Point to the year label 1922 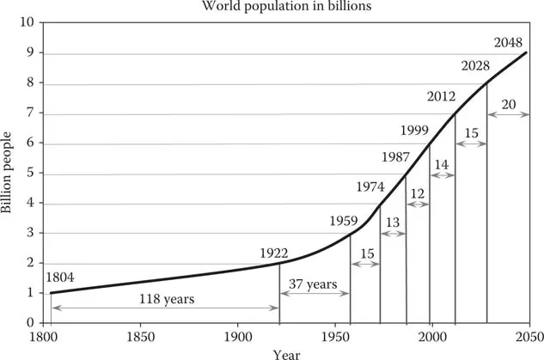click(275, 253)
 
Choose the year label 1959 click(343, 220)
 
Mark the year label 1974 click(370, 186)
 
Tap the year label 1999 click(416, 130)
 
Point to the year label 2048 click(510, 41)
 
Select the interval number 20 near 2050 click(509, 105)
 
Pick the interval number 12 click(418, 194)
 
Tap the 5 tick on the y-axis click(29, 174)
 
